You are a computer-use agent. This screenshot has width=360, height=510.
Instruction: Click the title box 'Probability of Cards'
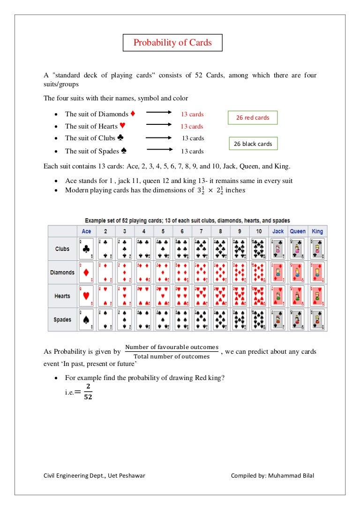point(172,43)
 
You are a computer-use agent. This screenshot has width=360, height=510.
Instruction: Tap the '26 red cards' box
point(253,118)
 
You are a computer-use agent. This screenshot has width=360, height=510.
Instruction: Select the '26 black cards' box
point(253,144)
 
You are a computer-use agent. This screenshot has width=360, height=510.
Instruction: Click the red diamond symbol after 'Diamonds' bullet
point(133,114)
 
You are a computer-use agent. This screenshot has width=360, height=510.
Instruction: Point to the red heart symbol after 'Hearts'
point(122,126)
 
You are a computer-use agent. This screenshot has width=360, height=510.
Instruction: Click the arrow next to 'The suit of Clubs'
point(158,138)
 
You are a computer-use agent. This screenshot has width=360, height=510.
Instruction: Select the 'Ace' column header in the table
point(86,231)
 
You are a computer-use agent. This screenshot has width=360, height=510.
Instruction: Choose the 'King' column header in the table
point(317,231)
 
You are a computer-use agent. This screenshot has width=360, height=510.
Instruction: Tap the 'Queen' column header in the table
point(298,231)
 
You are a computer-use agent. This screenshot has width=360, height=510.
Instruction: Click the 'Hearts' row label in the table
point(62,296)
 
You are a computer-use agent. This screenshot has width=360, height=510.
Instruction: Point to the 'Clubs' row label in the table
point(62,249)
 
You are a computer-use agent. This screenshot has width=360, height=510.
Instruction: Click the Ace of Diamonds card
point(86,273)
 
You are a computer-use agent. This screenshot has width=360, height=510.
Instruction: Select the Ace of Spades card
point(86,320)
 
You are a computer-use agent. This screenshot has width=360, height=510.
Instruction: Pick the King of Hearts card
point(317,296)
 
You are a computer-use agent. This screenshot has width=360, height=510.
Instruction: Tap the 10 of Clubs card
point(259,249)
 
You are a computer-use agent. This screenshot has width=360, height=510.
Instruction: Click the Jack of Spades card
point(278,320)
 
